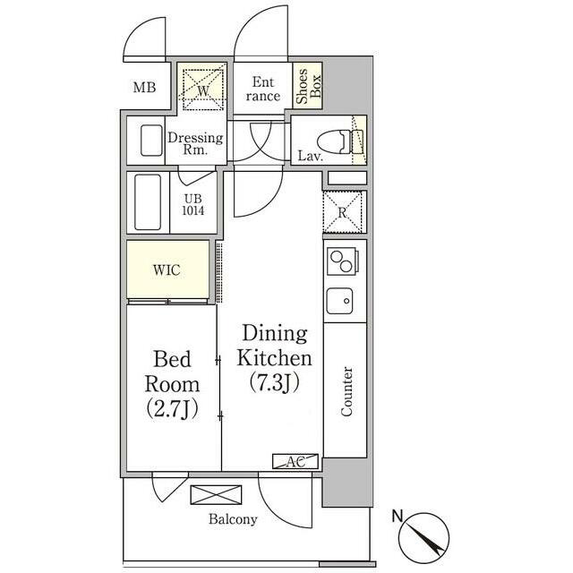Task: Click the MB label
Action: point(144,88)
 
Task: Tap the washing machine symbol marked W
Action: point(203,90)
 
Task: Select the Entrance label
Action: point(262,89)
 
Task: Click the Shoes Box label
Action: point(308,86)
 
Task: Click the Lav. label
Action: point(311,157)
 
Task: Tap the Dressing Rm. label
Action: point(195,143)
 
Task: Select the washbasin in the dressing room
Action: point(151,141)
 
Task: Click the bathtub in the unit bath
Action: point(148,201)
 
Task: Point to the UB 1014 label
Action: point(193,205)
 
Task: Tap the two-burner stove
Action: point(342,261)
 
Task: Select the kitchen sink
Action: point(340,301)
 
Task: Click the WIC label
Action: point(167,270)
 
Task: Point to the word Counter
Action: point(346,391)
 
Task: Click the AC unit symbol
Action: point(295,461)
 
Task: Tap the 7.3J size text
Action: point(275,382)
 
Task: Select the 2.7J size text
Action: point(172,408)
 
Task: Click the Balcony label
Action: point(233,519)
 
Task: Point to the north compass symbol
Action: point(423,536)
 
